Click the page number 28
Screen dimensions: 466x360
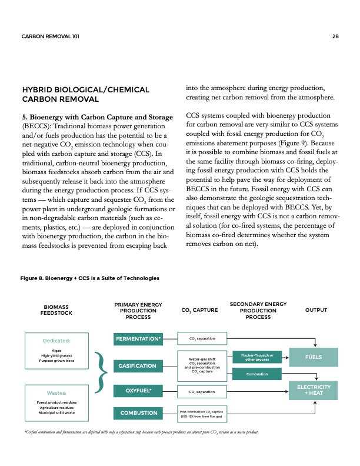coord(335,36)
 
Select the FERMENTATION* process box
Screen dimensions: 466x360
coord(138,339)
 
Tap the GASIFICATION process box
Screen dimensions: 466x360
coord(138,366)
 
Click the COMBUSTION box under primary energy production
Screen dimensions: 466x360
coord(138,414)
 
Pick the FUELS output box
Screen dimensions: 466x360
coord(316,357)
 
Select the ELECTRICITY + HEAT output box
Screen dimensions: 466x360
coord(316,390)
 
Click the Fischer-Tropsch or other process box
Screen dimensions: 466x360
coord(254,357)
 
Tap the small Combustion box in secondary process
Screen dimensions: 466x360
coord(254,374)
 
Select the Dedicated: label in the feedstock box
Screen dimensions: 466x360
coord(57,340)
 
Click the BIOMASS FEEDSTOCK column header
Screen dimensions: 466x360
coord(56,310)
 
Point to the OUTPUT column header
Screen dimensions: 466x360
coord(316,309)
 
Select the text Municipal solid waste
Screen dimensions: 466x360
coord(57,412)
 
